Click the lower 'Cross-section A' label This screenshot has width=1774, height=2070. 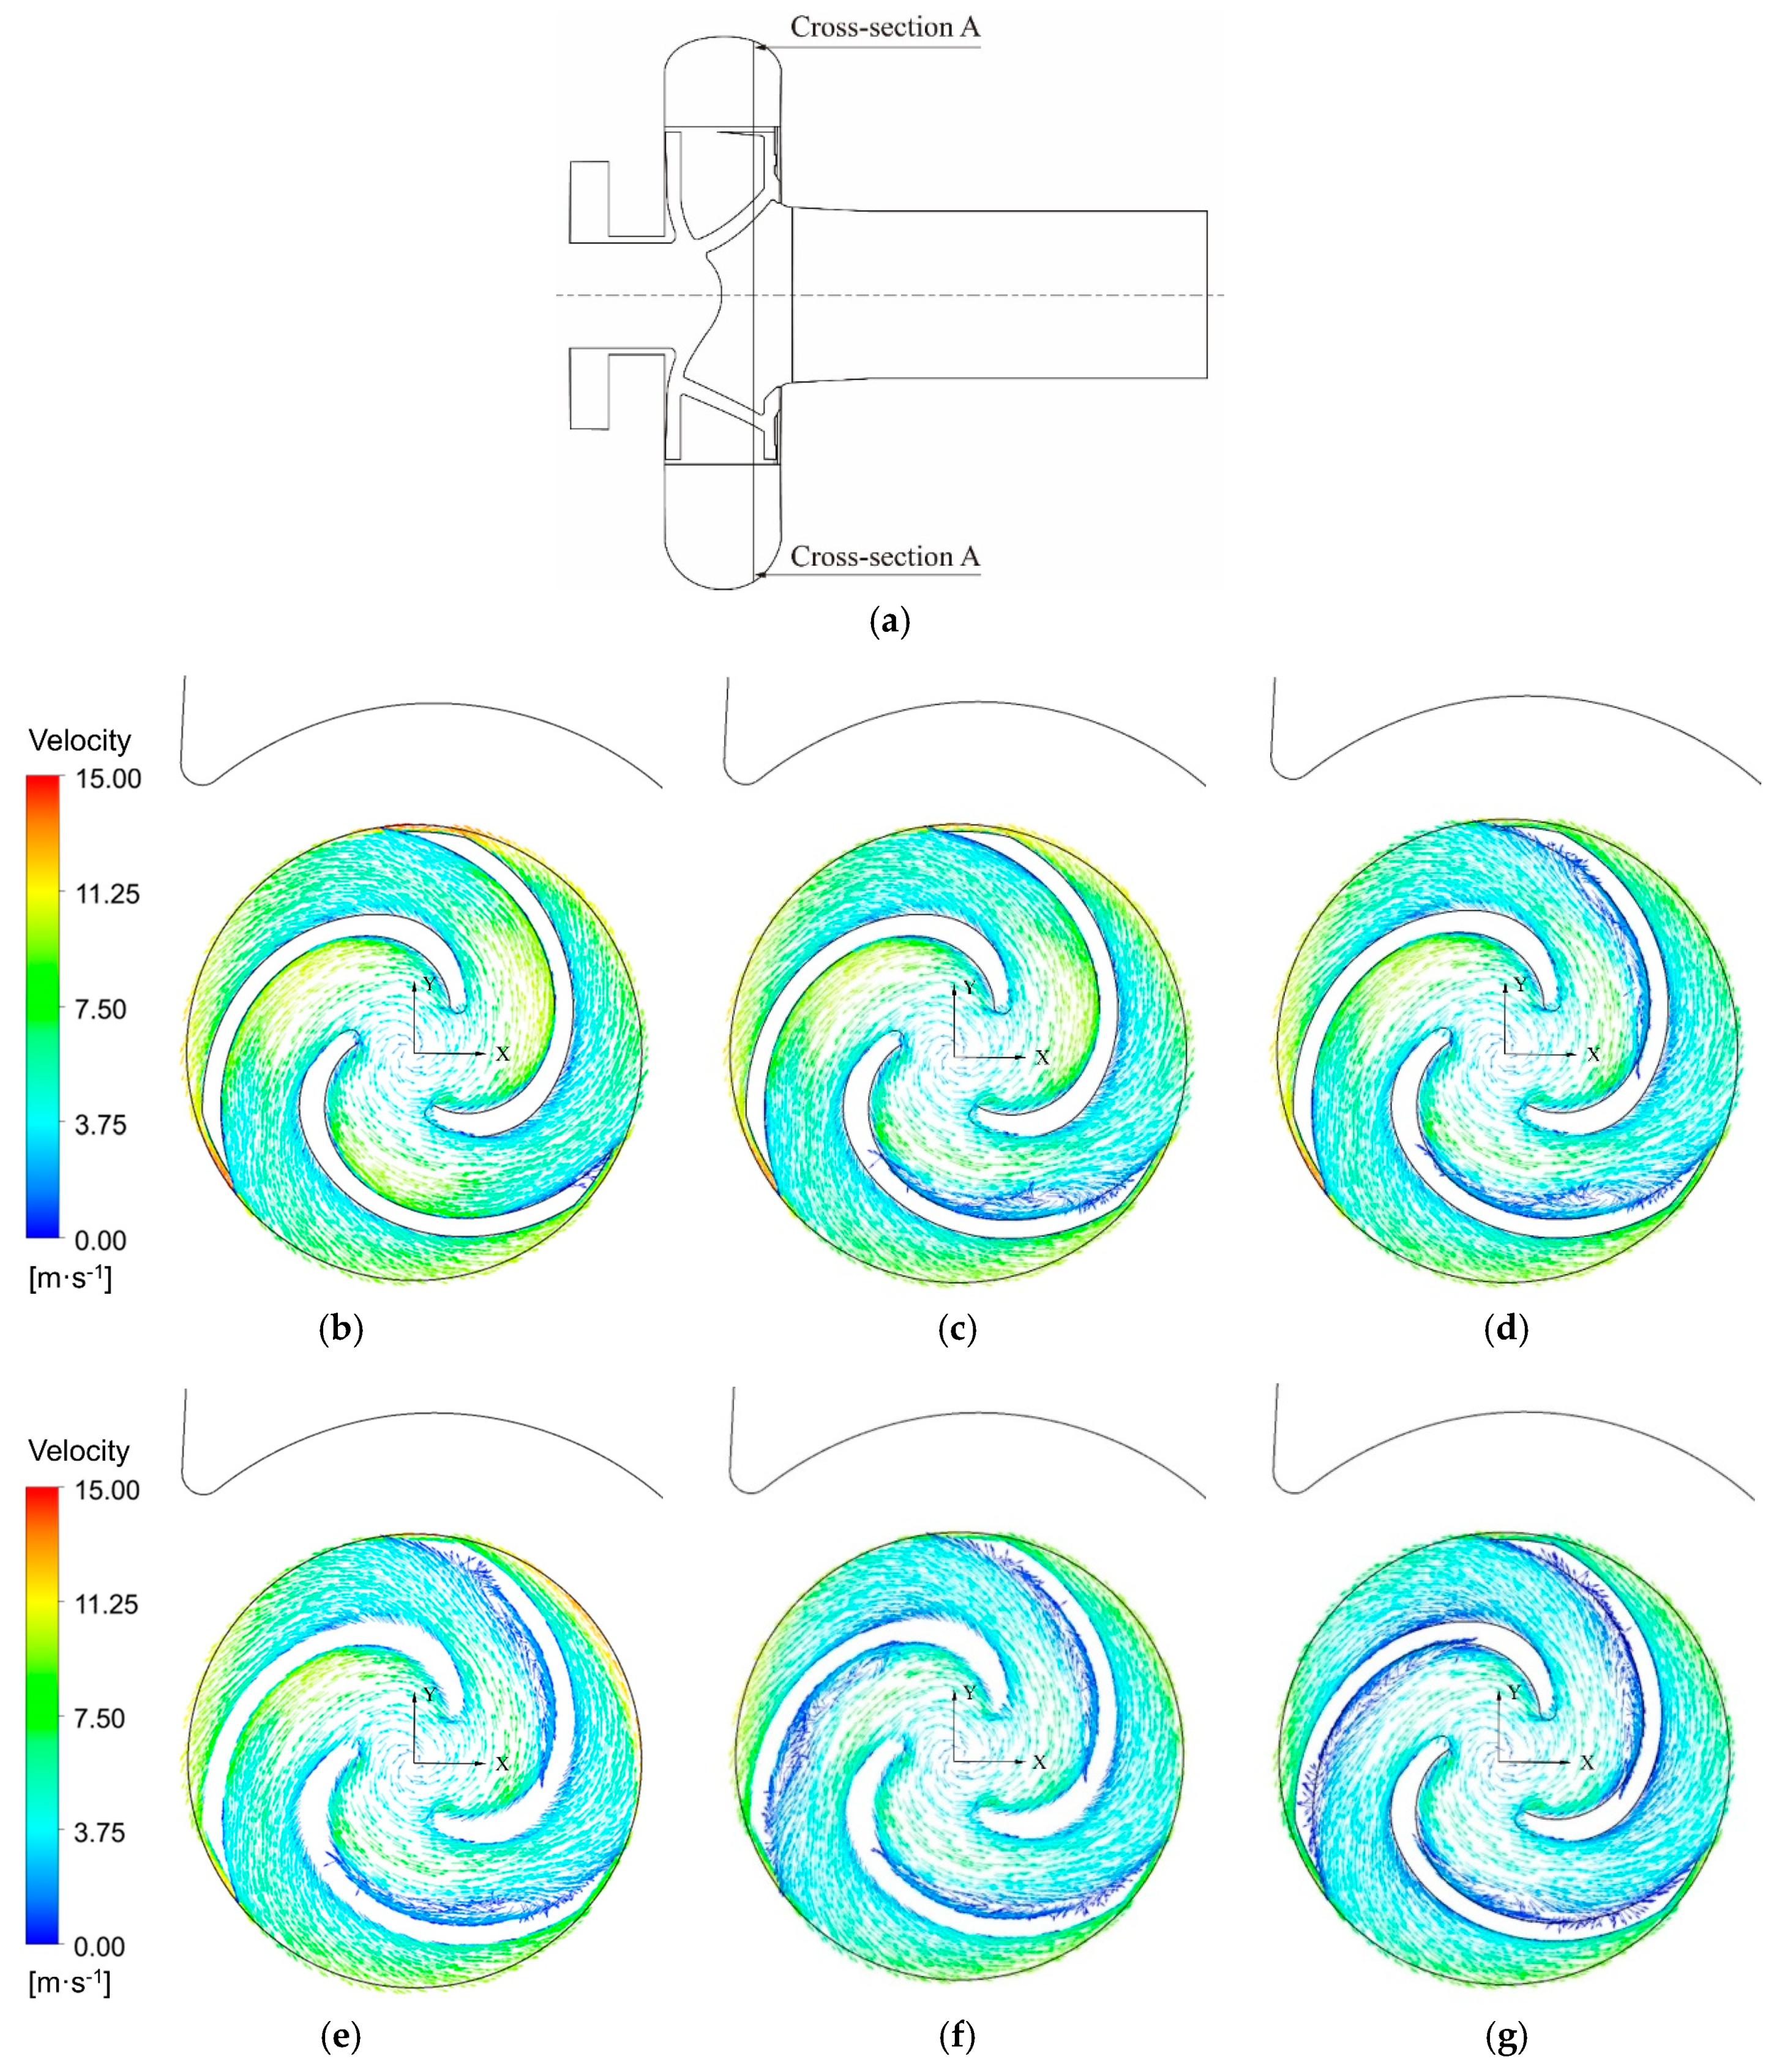tap(885, 557)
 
